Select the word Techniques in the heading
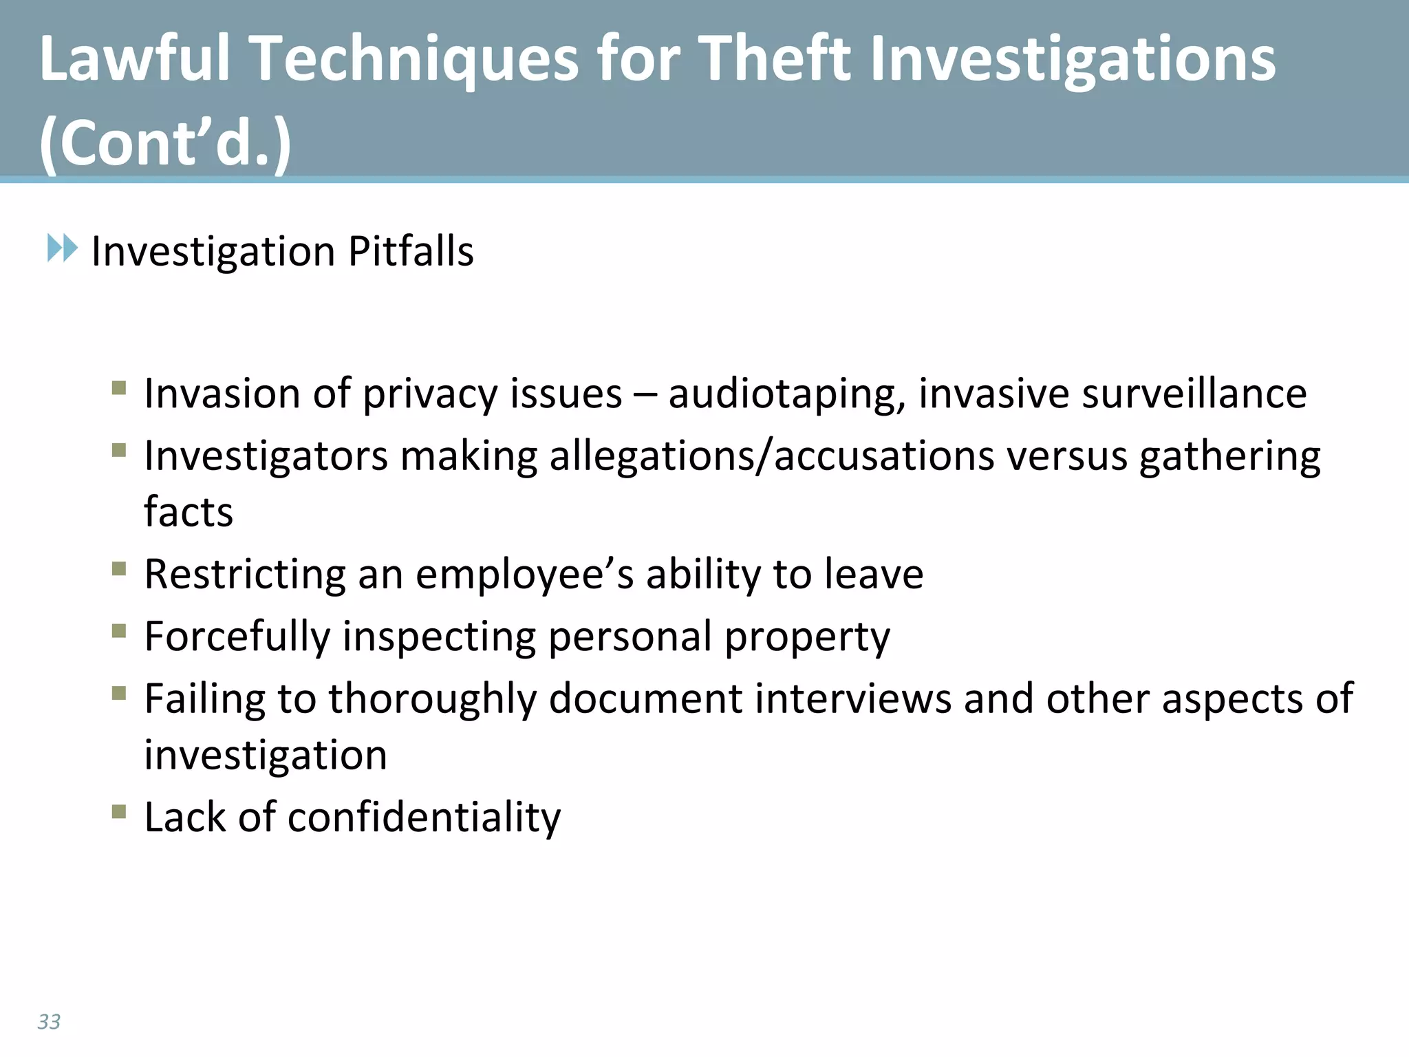click(x=413, y=61)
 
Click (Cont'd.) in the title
click(x=166, y=143)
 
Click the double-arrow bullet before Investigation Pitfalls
click(x=63, y=248)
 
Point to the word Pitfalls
click(x=411, y=250)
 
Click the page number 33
click(x=49, y=1021)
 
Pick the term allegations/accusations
click(x=772, y=456)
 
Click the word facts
click(x=189, y=512)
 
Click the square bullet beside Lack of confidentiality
click(x=119, y=812)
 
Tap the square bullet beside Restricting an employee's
click(x=119, y=569)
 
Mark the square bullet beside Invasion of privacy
click(x=119, y=388)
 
